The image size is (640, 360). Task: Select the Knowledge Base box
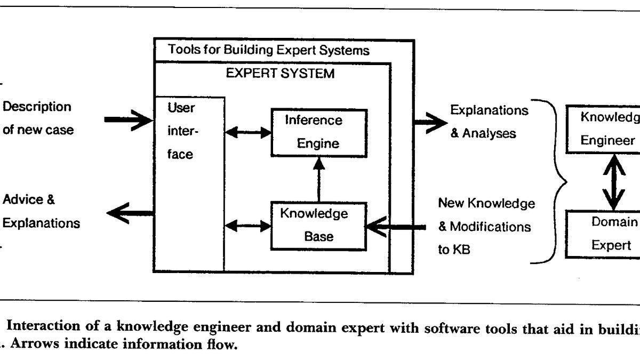click(318, 225)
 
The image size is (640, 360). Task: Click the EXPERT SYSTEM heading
click(280, 73)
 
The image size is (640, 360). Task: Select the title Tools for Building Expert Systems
click(269, 50)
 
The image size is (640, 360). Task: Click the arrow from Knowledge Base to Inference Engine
click(318, 180)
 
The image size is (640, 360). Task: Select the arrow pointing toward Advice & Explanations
click(131, 213)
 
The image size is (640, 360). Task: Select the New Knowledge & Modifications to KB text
click(485, 226)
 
